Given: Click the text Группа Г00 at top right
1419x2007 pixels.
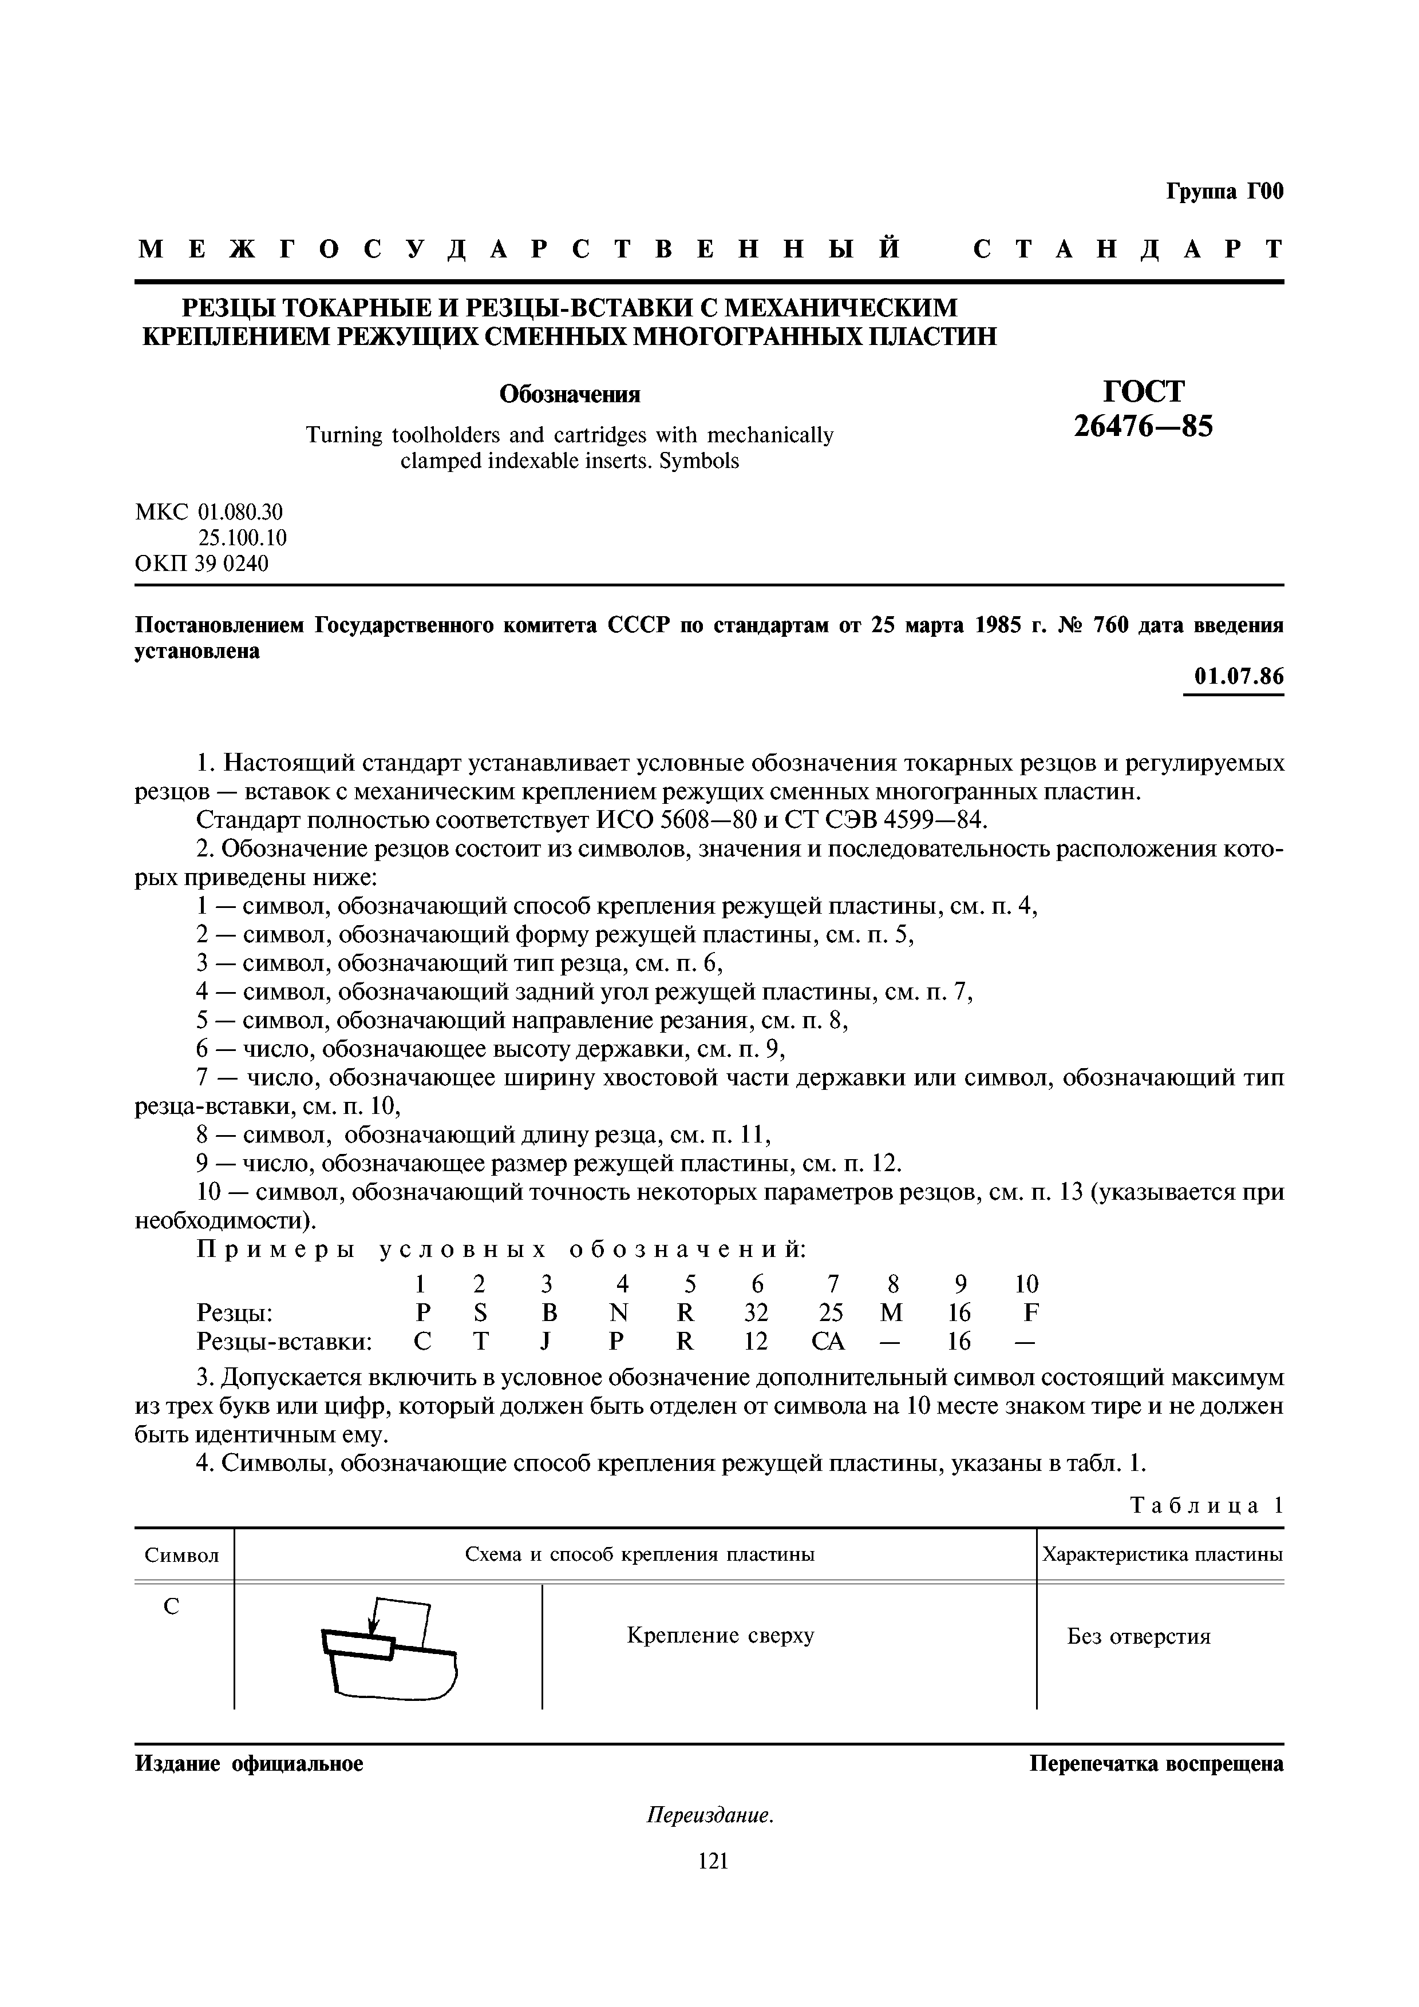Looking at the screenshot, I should coord(1224,192).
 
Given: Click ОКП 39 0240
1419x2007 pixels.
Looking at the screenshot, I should coord(202,564).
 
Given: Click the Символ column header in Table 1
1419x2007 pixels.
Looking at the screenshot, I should coord(182,1555).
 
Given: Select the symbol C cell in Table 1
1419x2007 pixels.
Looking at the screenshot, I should coord(172,1606).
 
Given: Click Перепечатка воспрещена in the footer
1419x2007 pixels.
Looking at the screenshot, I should coord(1156,1764).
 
